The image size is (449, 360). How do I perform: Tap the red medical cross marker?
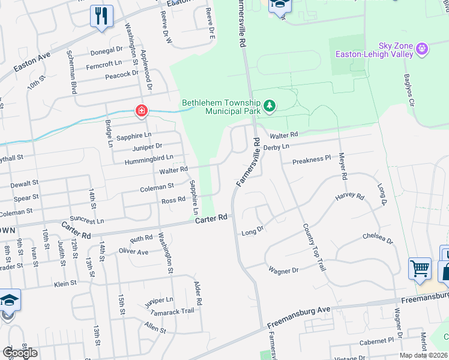click(141, 111)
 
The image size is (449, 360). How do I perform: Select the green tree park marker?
click(270, 107)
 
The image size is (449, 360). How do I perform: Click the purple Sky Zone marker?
click(423, 48)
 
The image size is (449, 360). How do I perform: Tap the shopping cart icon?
click(420, 269)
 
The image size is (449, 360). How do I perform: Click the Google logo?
click(20, 353)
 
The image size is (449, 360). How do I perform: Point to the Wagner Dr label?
click(283, 271)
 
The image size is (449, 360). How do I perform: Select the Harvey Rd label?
click(349, 196)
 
